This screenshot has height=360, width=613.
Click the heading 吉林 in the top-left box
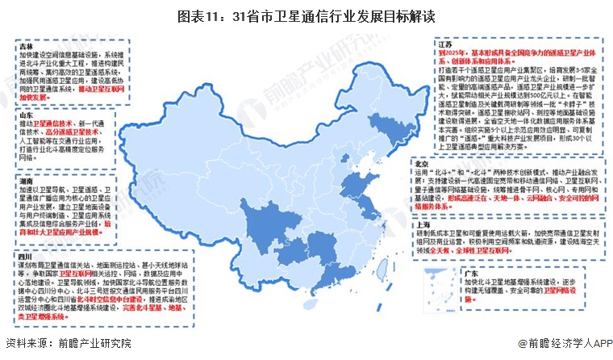tap(26, 47)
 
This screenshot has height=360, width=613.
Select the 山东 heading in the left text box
tap(26, 117)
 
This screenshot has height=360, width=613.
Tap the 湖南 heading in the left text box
tap(26, 183)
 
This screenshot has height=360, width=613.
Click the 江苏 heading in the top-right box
tap(444, 42)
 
